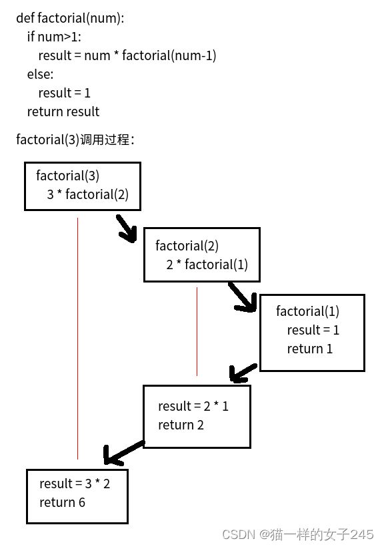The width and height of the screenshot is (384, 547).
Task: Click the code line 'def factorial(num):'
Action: pos(70,18)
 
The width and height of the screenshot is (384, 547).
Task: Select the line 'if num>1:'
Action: pos(54,37)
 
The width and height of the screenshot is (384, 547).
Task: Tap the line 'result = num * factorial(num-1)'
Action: pos(127,55)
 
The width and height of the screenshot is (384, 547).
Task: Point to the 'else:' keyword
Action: pos(41,74)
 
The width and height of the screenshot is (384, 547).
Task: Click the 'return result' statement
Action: pos(63,112)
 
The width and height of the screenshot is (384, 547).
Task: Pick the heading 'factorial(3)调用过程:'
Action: pos(75,140)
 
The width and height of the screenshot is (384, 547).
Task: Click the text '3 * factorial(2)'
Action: pos(88,194)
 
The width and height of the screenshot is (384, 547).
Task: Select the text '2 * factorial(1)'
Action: pos(207,264)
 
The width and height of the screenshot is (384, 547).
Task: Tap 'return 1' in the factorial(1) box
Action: pos(309,349)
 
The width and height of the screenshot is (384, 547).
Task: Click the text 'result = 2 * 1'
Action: pos(193,406)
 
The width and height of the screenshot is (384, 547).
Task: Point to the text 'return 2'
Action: pos(181,425)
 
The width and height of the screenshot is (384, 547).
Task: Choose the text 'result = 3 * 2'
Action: pos(75,484)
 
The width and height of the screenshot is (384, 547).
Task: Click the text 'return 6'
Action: pos(62,502)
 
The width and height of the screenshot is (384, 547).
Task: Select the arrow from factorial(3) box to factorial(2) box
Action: pos(127,228)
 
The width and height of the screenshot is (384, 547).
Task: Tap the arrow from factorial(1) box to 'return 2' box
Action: pos(243,373)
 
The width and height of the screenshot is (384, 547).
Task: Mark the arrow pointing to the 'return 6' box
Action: pos(123,453)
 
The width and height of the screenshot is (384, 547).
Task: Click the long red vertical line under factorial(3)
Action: pos(77,339)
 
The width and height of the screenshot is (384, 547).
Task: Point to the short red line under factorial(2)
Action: pos(197,331)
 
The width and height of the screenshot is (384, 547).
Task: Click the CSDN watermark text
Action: pos(297,534)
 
